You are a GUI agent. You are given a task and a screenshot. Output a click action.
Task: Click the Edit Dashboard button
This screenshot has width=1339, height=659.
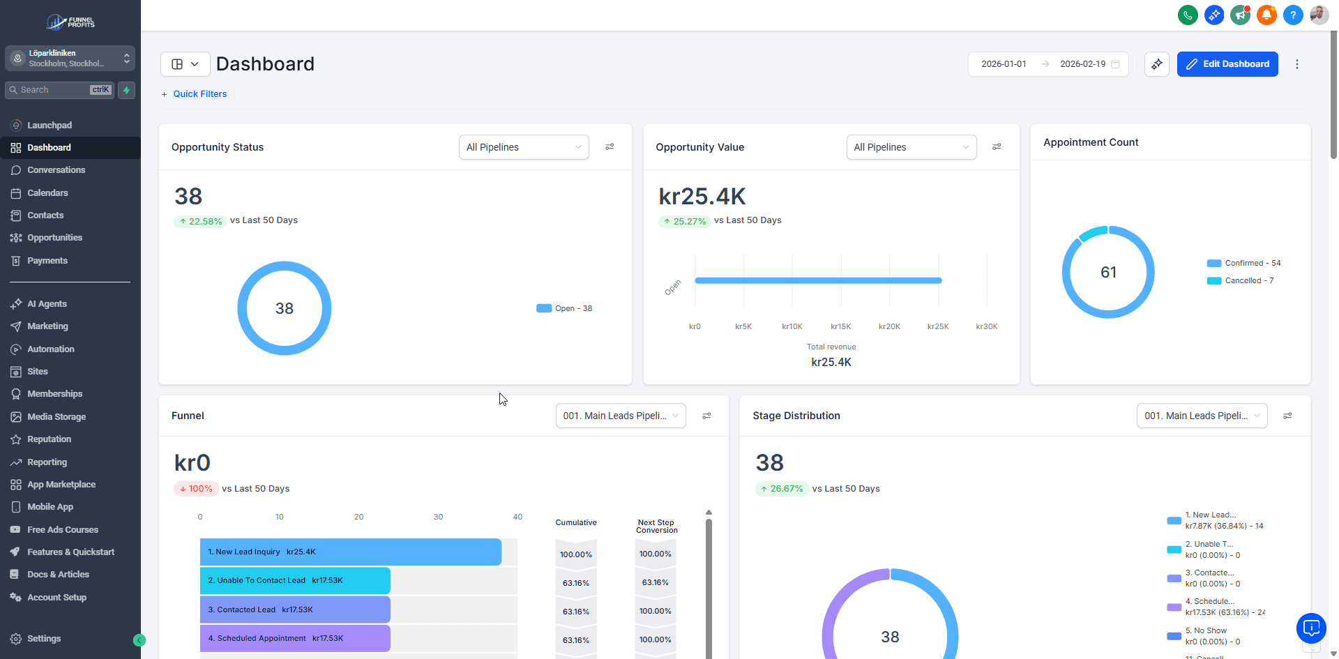pos(1227,64)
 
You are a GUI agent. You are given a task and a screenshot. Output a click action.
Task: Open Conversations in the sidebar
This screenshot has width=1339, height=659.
pos(56,170)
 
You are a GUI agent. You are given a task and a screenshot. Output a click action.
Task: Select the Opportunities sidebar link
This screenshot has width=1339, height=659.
pos(54,238)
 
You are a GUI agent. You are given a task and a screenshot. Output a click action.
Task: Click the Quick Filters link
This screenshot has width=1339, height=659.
pos(199,94)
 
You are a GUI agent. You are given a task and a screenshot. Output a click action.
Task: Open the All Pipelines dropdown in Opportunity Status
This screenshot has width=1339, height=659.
pos(523,147)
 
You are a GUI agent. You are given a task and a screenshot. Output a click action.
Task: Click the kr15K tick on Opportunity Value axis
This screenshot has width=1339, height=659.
pos(840,326)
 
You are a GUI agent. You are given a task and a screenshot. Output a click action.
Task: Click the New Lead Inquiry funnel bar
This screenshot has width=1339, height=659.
pos(350,552)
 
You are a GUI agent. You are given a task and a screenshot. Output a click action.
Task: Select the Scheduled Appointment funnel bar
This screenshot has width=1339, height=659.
pos(294,638)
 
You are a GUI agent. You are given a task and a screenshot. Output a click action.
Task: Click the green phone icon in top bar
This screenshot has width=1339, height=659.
pos(1188,15)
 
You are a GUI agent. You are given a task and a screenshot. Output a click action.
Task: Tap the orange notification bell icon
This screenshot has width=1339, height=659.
pos(1266,15)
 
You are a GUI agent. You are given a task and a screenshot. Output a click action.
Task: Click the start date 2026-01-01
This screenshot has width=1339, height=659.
pos(1004,64)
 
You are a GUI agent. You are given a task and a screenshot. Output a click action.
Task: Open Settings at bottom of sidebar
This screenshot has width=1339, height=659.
pos(43,639)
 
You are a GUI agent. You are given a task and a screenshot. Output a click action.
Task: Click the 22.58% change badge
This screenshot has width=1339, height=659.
pos(200,221)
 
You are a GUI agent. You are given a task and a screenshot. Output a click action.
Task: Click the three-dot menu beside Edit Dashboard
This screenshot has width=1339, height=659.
pos(1296,64)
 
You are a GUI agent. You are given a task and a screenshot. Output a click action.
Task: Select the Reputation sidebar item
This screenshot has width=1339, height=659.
pos(49,439)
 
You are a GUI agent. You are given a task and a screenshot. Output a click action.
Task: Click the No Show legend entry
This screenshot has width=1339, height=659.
pos(1210,631)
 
